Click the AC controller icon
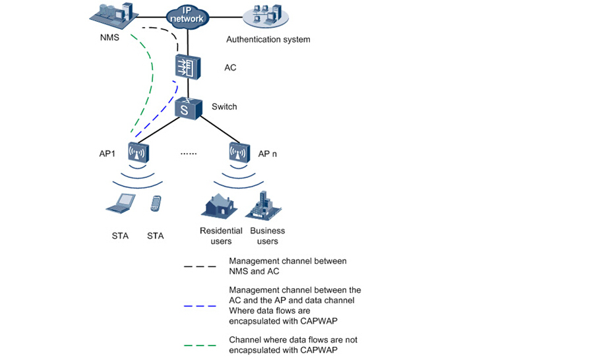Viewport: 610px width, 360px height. [189, 67]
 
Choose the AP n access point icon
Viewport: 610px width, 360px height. [239, 153]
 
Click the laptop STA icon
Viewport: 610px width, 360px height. [121, 204]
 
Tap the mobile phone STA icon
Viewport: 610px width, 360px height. [156, 204]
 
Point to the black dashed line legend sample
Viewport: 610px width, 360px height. [200, 266]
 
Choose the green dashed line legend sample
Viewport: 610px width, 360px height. [200, 345]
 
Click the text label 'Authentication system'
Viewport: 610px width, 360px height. [268, 40]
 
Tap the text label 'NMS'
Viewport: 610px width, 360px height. [109, 38]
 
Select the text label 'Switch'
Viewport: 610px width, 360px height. [224, 106]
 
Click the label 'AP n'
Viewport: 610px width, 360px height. [268, 154]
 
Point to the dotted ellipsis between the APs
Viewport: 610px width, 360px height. [189, 154]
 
